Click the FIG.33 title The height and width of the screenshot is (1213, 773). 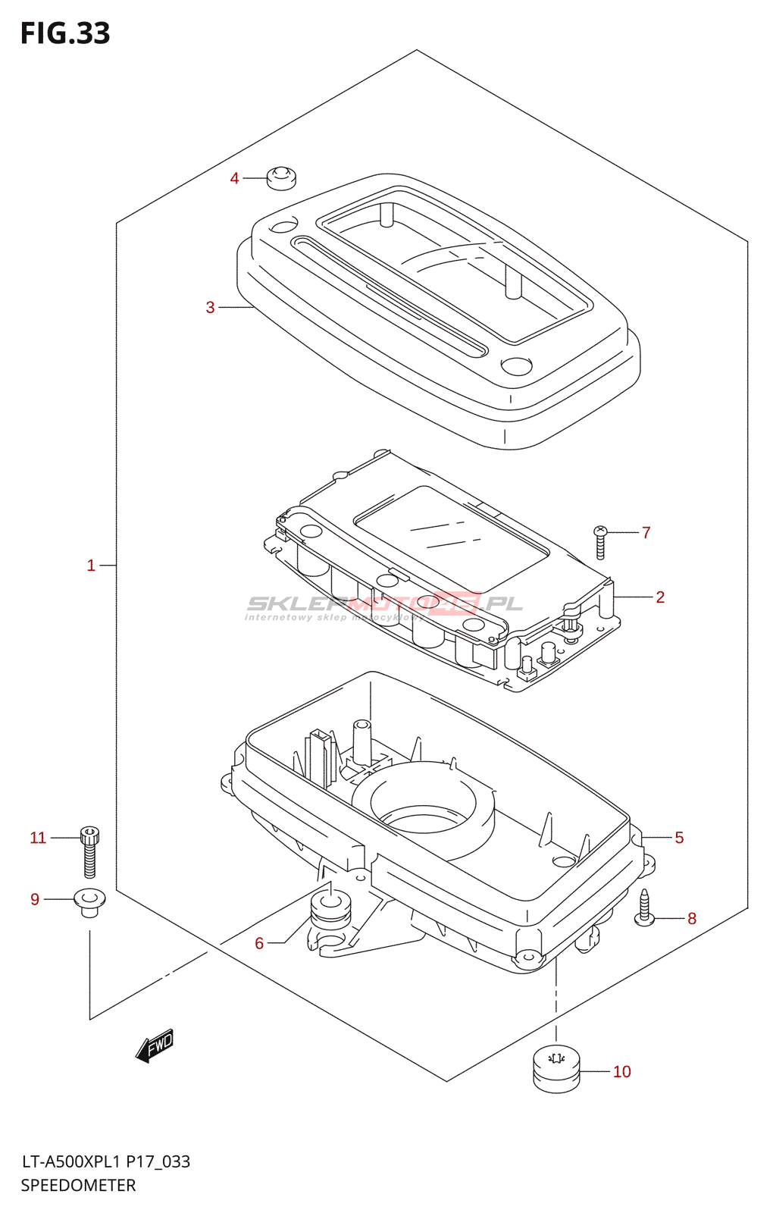(x=65, y=33)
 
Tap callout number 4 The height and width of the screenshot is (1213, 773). (x=234, y=178)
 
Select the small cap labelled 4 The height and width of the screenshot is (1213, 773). (x=281, y=178)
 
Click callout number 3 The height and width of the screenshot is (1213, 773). (x=210, y=307)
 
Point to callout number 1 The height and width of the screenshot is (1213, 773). (x=91, y=566)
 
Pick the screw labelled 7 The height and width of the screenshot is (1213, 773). (x=601, y=542)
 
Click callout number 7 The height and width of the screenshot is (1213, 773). (x=646, y=533)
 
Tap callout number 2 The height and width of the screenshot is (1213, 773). (x=660, y=597)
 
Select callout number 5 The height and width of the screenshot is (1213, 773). (x=679, y=838)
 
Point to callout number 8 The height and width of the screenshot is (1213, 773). (x=691, y=919)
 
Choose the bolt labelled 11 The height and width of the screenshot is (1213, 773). (x=89, y=851)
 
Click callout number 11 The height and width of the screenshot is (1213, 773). (x=38, y=838)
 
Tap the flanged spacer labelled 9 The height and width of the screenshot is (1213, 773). (x=89, y=903)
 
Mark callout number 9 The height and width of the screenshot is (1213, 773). (x=35, y=899)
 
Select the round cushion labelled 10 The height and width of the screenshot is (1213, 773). (x=556, y=1069)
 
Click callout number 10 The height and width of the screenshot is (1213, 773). (x=621, y=1072)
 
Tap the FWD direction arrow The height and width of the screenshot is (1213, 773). (x=155, y=1046)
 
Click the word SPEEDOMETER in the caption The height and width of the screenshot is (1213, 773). (x=78, y=1186)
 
